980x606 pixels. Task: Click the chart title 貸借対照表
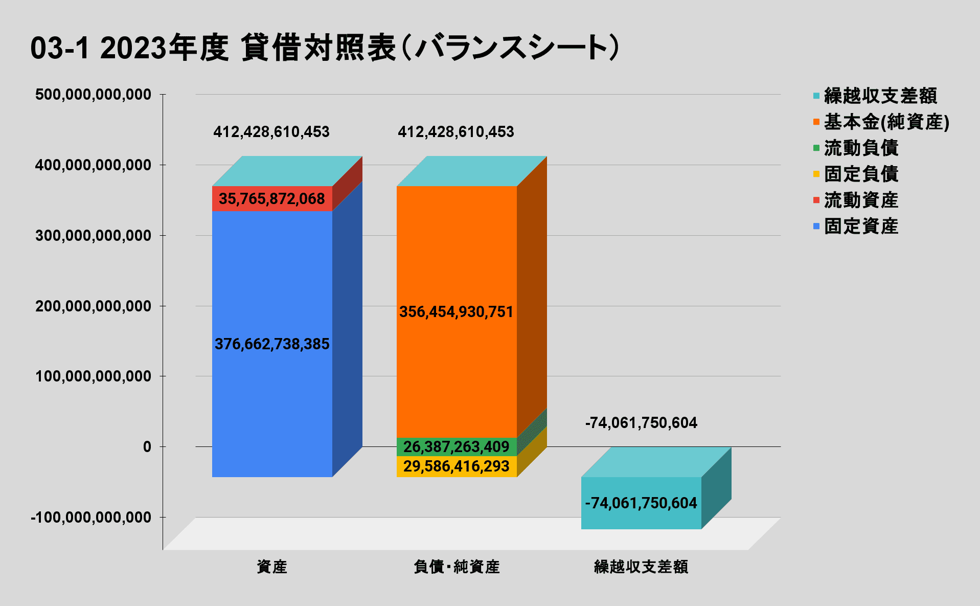tap(325, 48)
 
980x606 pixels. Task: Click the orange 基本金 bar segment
tap(457, 256)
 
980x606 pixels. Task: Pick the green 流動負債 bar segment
tap(457, 447)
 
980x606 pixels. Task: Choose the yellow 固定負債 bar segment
tap(457, 466)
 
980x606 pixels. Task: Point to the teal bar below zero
tap(641, 503)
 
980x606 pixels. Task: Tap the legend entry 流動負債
tap(861, 148)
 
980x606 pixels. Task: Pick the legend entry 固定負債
tap(861, 174)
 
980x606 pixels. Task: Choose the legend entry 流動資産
tap(861, 200)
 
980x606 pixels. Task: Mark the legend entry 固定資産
tap(861, 226)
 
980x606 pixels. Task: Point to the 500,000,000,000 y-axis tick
tap(94, 95)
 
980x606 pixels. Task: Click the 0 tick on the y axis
tap(147, 447)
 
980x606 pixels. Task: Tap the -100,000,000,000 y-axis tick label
tap(92, 518)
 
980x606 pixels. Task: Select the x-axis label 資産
tap(272, 567)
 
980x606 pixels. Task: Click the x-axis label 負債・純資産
tap(457, 567)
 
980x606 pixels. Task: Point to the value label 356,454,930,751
tap(456, 312)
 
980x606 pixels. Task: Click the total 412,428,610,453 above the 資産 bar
tap(271, 132)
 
